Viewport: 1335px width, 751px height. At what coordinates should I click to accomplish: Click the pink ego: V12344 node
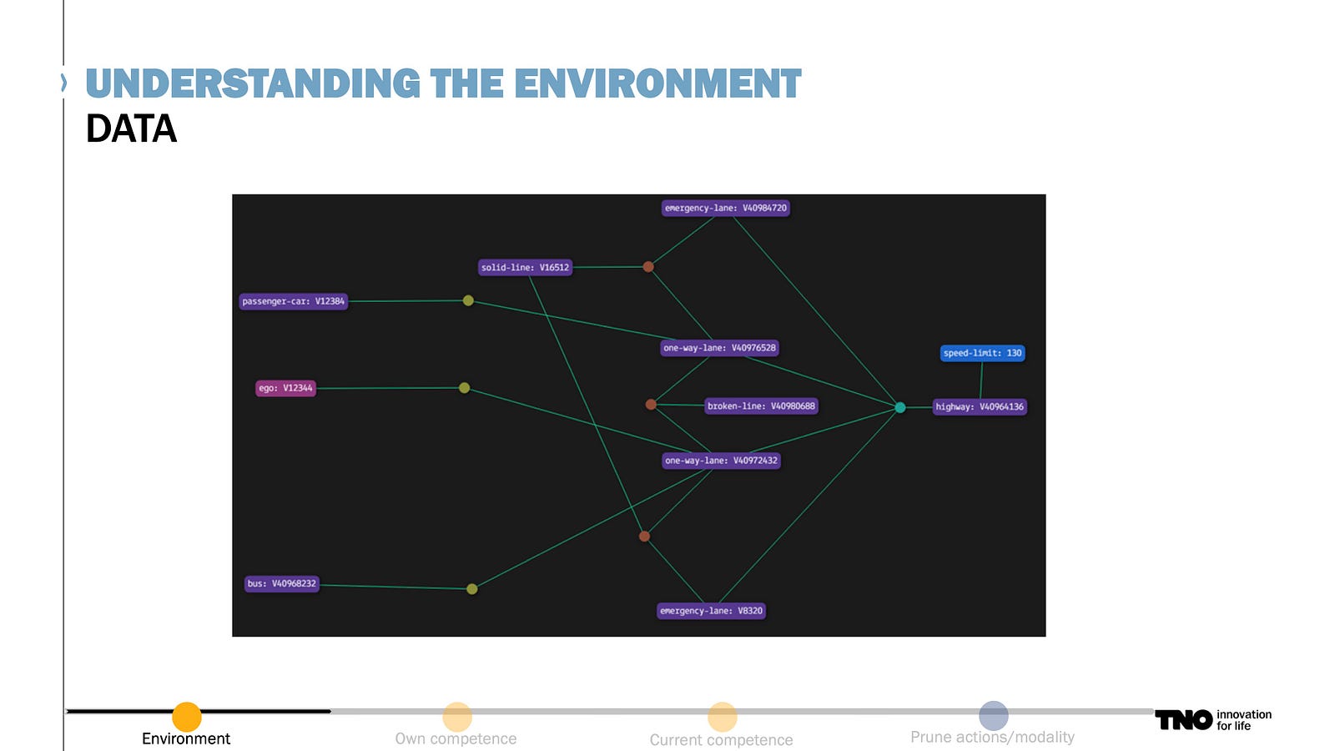[x=285, y=388]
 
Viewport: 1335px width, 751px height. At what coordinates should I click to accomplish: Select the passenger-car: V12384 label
[x=293, y=301]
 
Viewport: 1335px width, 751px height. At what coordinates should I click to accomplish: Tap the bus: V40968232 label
[x=282, y=583]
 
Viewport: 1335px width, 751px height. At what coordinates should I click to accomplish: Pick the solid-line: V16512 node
[x=525, y=267]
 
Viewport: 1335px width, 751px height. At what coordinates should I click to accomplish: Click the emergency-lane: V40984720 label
[x=725, y=208]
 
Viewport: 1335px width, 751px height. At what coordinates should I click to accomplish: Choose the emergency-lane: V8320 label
[x=711, y=611]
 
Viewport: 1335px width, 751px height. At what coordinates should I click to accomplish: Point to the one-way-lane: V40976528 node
[x=719, y=347]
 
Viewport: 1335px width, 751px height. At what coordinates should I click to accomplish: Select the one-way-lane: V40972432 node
[x=721, y=461]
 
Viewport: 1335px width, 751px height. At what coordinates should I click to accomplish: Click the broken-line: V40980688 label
[x=761, y=406]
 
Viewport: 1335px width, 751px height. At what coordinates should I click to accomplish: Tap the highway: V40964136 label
[x=980, y=407]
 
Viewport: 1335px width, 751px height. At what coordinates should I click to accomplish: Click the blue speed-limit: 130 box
[x=982, y=353]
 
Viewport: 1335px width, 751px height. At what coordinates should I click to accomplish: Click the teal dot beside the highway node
[x=900, y=408]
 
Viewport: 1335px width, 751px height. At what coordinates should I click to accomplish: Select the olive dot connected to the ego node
[x=464, y=388]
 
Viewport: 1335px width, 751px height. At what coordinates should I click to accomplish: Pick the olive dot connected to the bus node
[x=472, y=589]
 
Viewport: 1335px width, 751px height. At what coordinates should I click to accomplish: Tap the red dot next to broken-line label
[x=651, y=405]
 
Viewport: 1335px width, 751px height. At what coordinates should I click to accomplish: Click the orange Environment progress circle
[x=187, y=717]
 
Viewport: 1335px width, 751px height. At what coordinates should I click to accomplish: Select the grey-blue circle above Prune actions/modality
[x=994, y=715]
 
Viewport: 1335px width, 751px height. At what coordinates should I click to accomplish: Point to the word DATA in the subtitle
[x=131, y=129]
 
